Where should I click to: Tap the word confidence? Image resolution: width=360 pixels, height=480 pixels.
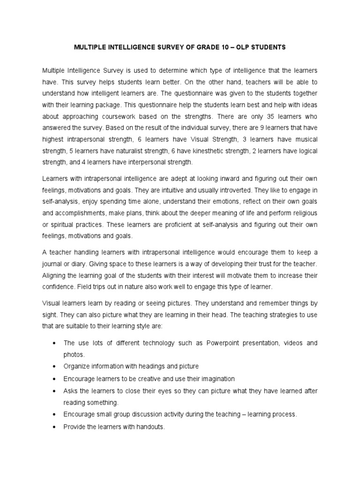point(58,286)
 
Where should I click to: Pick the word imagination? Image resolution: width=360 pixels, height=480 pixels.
point(215,378)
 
